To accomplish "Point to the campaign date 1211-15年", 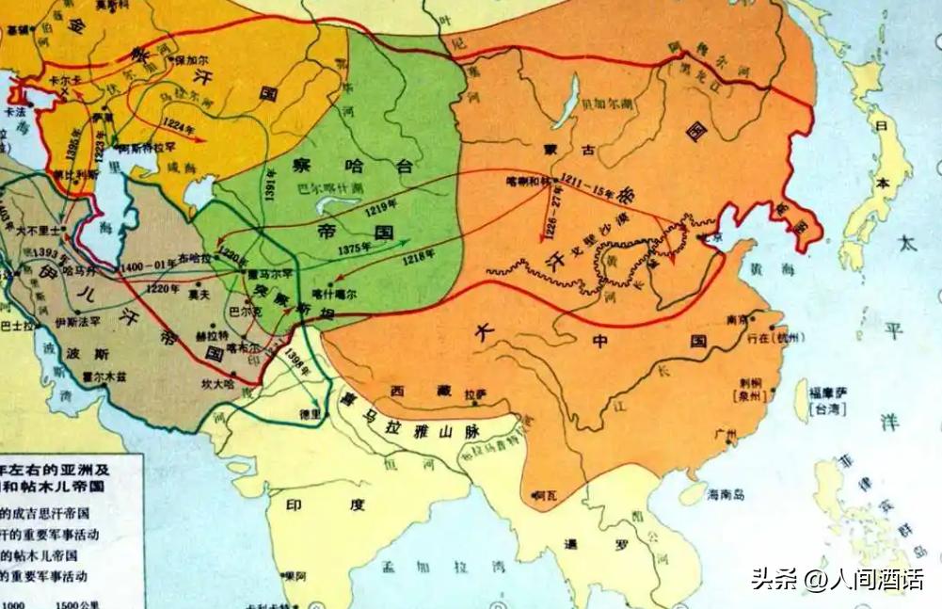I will (x=588, y=185).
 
